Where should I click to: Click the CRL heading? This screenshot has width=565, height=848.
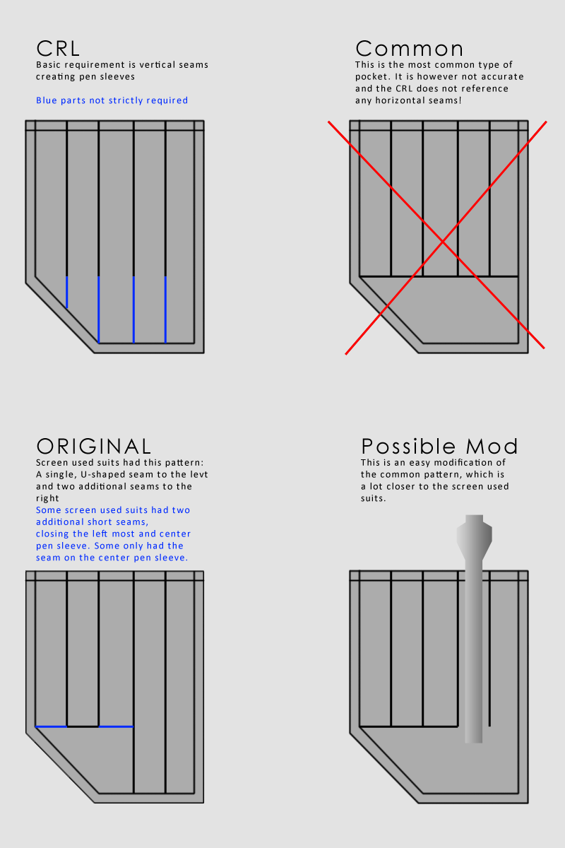point(58,49)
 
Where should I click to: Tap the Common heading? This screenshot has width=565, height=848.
point(410,49)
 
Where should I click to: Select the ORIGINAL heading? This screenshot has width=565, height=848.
point(93,446)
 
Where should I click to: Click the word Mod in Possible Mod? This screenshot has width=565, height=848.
point(492,446)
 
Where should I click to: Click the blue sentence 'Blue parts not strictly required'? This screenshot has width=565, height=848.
point(112,100)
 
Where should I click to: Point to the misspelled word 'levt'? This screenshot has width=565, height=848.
point(199,474)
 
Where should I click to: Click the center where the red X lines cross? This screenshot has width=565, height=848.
point(443,241)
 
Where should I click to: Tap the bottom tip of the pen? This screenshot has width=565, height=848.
point(473,743)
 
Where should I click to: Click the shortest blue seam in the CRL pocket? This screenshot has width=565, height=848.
point(67,293)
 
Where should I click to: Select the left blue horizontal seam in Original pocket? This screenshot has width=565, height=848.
point(51,726)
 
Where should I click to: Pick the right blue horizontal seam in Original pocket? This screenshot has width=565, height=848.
point(117,726)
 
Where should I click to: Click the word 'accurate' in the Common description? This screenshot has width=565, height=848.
point(504,77)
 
